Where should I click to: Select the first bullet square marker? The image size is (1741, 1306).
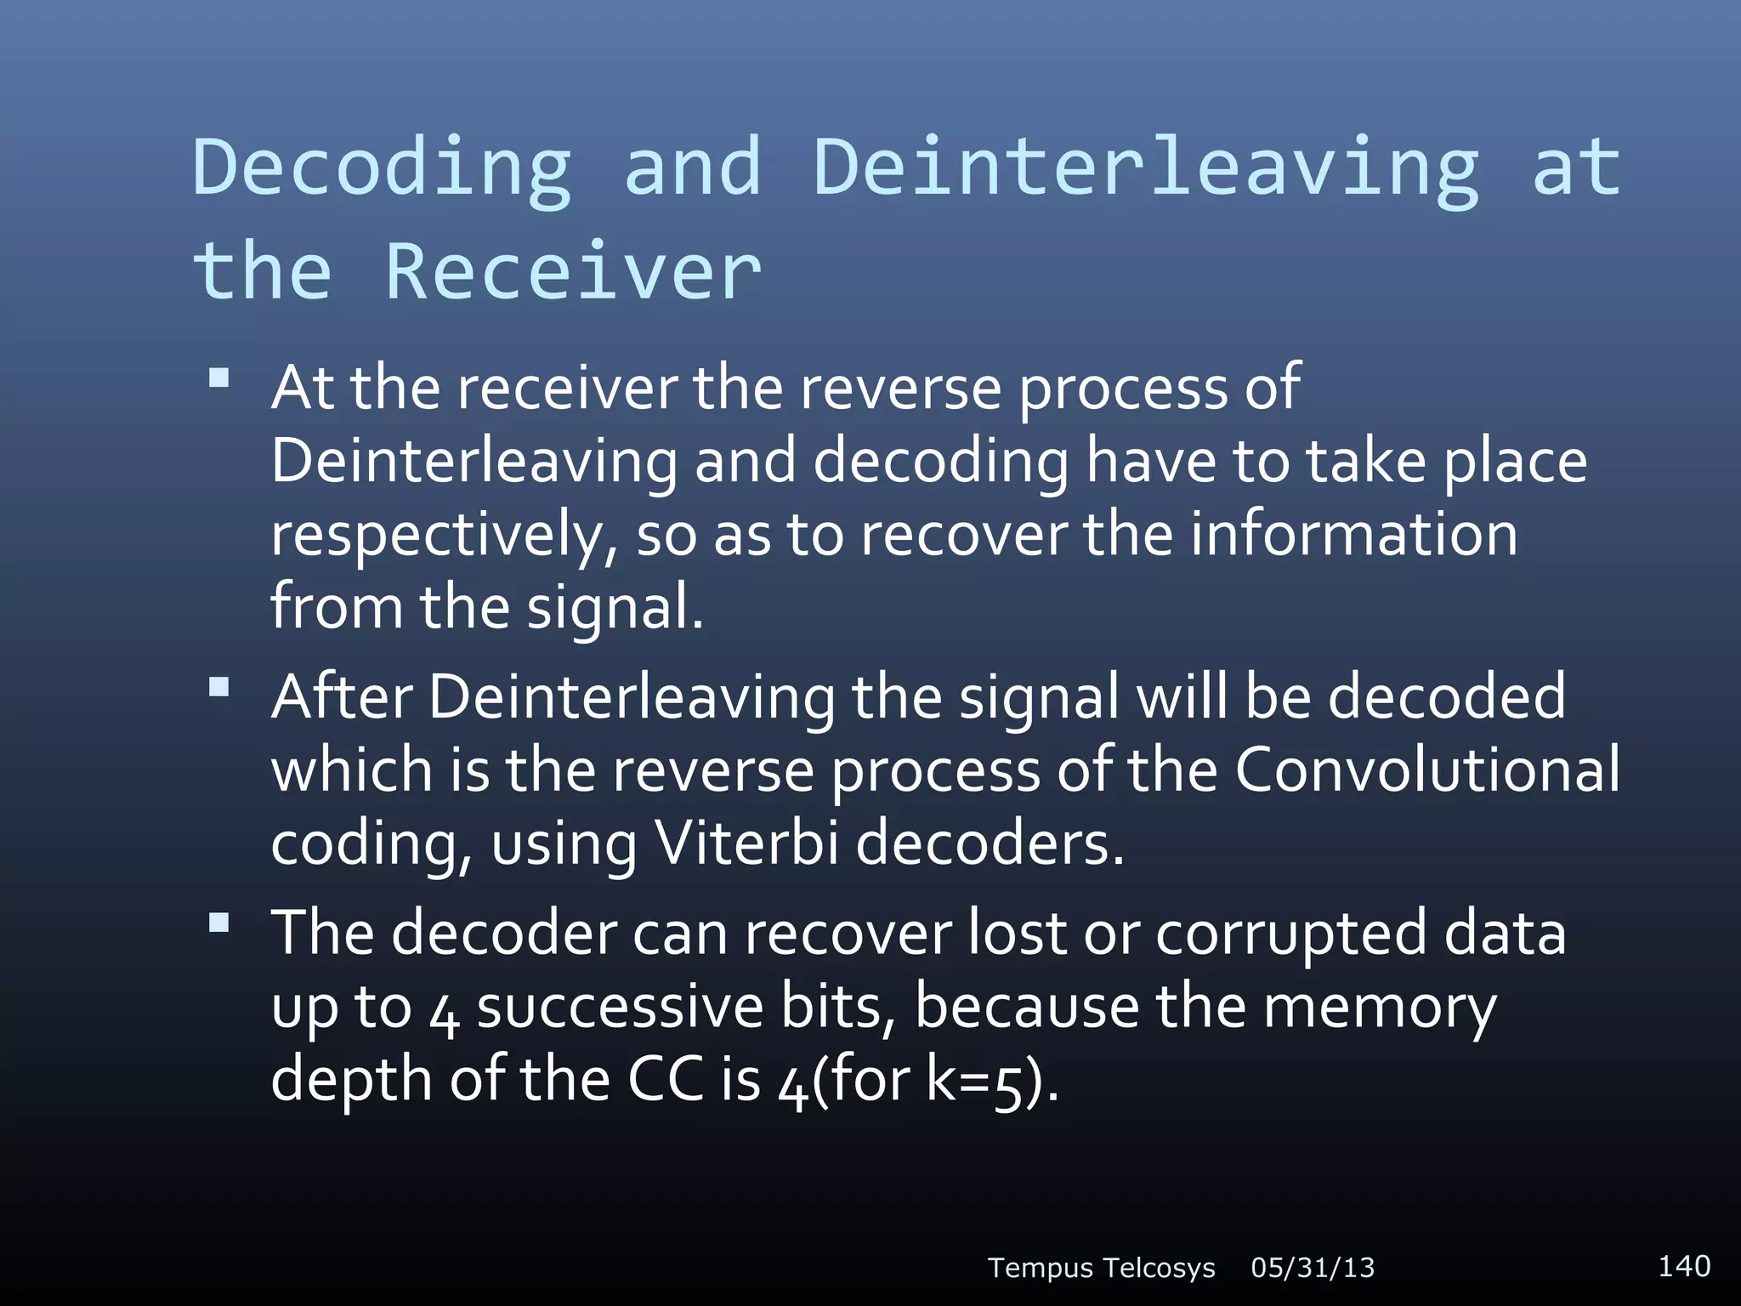[x=219, y=378]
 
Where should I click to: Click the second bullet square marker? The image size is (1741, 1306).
[x=219, y=686]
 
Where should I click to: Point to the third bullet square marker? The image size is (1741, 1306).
[x=219, y=923]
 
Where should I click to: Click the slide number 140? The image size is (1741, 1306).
[x=1684, y=1265]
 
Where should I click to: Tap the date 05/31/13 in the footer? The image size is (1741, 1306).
[x=1313, y=1268]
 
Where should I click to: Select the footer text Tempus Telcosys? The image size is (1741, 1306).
[x=1102, y=1268]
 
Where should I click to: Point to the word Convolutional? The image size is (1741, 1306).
[x=1426, y=769]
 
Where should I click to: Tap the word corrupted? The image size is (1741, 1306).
[x=1290, y=933]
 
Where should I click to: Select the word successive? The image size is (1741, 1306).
[x=620, y=1007]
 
